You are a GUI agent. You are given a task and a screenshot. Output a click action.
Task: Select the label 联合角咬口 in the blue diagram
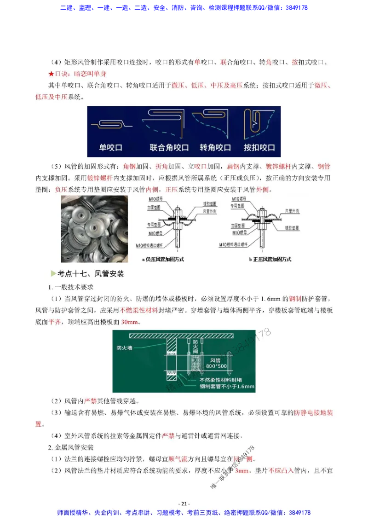point(169,148)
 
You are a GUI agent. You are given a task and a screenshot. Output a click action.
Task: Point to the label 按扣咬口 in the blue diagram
point(259,148)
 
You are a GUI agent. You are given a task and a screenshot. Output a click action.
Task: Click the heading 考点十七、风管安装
point(91,273)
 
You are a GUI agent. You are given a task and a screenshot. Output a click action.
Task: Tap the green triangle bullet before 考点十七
point(53,273)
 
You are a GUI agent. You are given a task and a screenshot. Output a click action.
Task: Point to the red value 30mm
point(131,322)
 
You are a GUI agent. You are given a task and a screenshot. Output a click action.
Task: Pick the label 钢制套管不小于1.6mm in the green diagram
point(227,387)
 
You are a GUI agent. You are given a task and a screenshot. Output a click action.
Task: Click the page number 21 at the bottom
point(184,504)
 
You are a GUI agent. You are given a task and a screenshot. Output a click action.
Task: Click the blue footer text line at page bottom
point(184,512)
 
